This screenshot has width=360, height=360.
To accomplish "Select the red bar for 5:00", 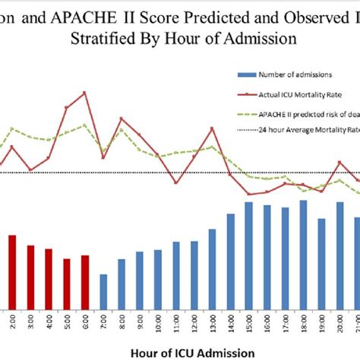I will tap(67, 282).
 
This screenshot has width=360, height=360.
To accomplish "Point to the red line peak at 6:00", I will tap(84, 93).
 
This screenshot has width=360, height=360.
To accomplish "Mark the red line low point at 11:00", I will tap(175, 183).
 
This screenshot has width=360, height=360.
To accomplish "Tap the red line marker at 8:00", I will tap(121, 118).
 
